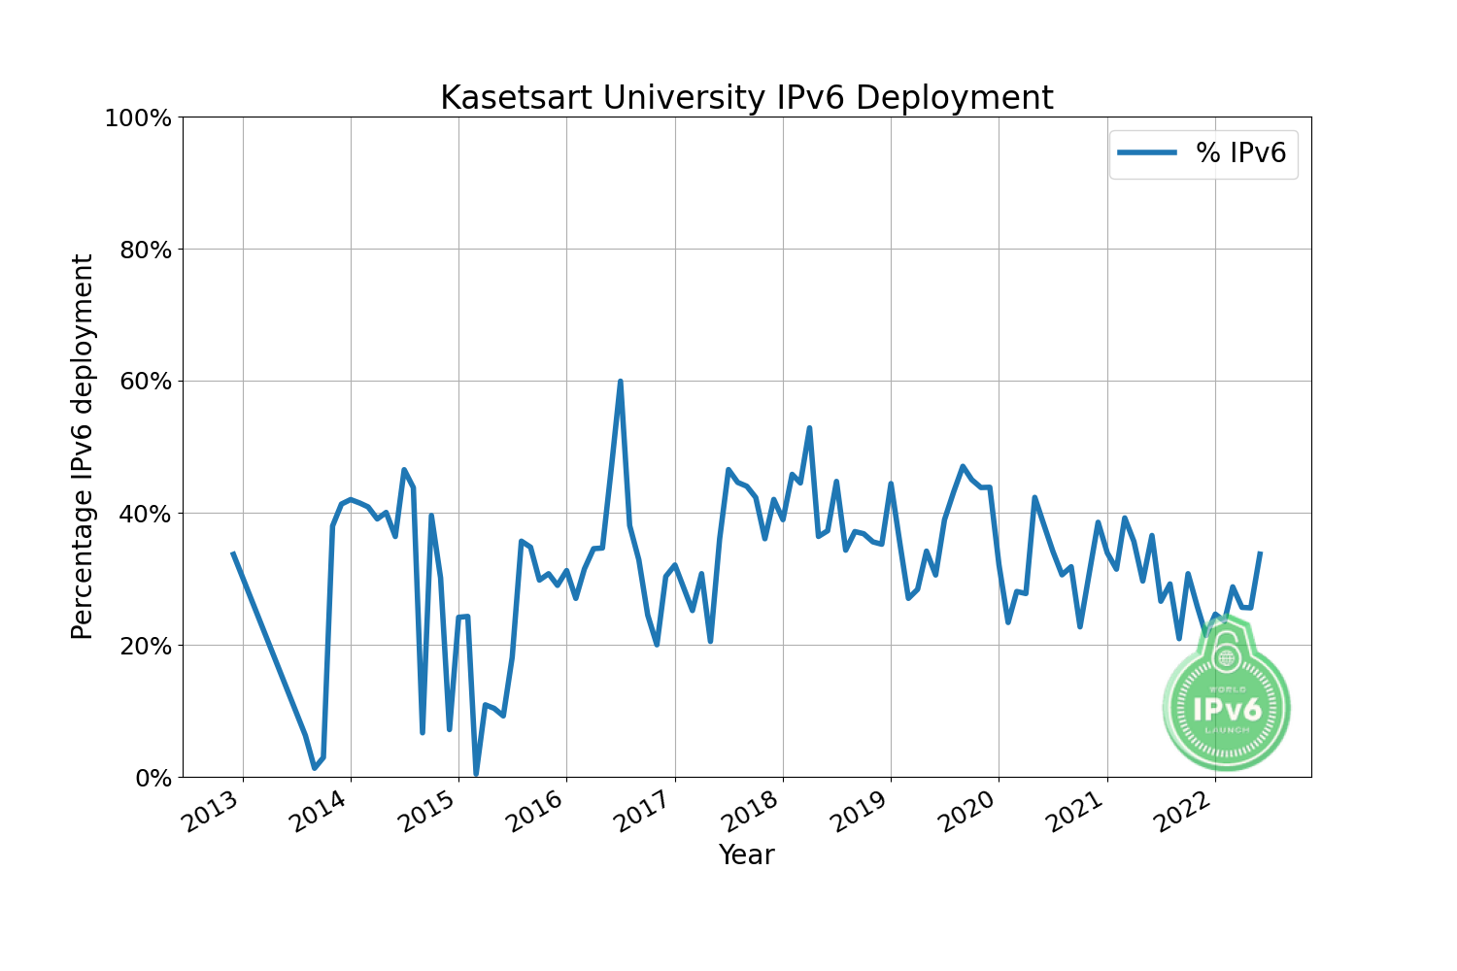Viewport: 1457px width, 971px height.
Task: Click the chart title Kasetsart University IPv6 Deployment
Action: pos(746,98)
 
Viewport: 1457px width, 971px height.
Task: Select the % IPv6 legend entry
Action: pos(1203,152)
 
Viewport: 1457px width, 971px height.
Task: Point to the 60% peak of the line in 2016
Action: pos(620,382)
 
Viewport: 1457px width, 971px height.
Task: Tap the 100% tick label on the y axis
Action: pos(137,118)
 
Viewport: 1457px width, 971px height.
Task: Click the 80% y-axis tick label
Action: pos(143,251)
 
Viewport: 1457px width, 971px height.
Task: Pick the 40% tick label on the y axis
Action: pos(143,514)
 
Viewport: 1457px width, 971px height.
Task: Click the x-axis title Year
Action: pos(746,855)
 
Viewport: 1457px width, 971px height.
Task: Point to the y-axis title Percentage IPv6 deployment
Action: pos(84,447)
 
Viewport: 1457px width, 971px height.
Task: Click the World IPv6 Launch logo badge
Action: pos(1226,703)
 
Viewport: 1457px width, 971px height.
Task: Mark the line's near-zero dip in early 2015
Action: pos(476,774)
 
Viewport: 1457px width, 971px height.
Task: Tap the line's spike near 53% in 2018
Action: pos(809,428)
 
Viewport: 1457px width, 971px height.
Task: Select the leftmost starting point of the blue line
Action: pos(232,552)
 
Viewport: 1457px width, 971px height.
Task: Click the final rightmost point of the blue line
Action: pos(1260,553)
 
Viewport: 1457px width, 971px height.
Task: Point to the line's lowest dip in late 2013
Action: pos(314,768)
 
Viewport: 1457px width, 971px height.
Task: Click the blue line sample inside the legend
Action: pos(1147,152)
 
